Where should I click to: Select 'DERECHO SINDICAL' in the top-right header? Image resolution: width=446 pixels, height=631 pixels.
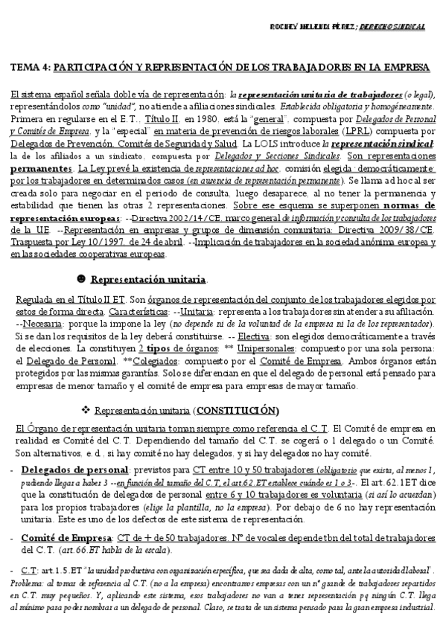point(399,26)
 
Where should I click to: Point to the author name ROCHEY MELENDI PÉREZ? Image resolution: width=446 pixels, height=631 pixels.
point(312,26)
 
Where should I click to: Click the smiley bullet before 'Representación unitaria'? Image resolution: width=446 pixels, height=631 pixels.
point(80,280)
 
